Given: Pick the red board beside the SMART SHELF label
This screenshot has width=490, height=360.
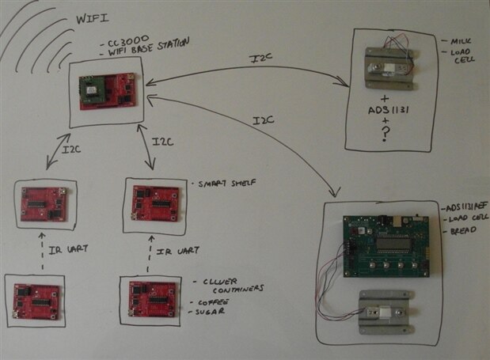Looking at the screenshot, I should (x=155, y=203).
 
